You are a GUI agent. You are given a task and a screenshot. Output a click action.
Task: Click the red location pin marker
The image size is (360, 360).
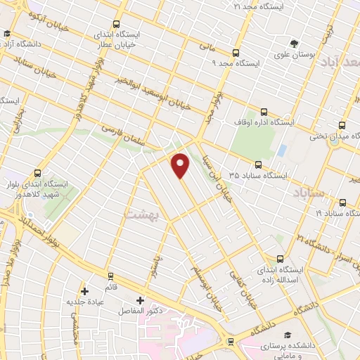(181, 165)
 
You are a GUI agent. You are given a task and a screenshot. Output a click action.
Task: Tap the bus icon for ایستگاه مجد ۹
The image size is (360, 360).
(236, 52)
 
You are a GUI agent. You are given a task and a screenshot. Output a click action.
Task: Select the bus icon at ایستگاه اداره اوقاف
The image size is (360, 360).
(264, 111)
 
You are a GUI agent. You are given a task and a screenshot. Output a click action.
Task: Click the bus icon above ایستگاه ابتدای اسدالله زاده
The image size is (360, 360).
(281, 258)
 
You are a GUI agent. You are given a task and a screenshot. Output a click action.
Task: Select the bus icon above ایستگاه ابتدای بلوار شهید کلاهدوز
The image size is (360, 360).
(37, 173)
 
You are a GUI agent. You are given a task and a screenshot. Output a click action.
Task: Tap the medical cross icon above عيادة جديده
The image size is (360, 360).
(84, 290)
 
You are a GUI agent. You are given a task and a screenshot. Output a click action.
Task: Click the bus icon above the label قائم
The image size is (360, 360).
(109, 275)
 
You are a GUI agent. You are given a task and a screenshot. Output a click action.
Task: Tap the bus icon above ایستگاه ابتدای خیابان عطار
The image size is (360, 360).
(117, 23)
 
